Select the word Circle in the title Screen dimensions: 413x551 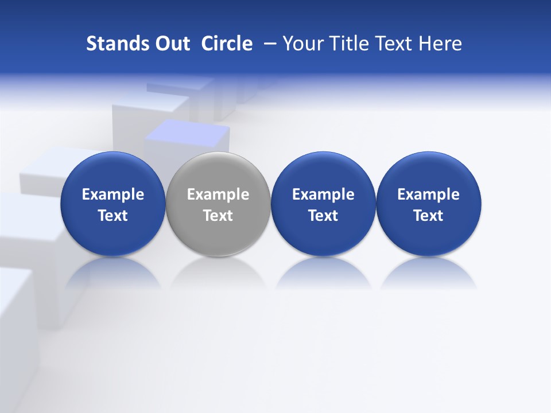[x=227, y=44]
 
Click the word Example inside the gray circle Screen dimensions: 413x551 [x=218, y=194]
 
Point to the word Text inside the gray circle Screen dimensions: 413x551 [x=218, y=216]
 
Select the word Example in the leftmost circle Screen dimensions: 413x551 [x=112, y=194]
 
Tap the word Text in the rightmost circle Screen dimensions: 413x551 [x=429, y=216]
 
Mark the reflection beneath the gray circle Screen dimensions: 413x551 [x=218, y=272]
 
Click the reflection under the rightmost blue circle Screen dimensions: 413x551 [x=429, y=272]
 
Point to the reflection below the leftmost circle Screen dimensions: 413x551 [x=112, y=272]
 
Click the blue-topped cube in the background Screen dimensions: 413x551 [x=188, y=136]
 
